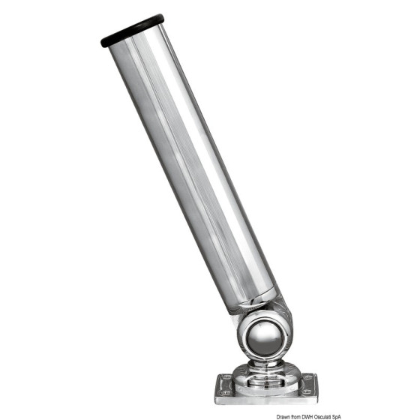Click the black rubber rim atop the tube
[x=132, y=31]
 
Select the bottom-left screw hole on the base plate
[x=225, y=393]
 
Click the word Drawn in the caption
[x=283, y=417]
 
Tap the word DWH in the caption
[x=306, y=417]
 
